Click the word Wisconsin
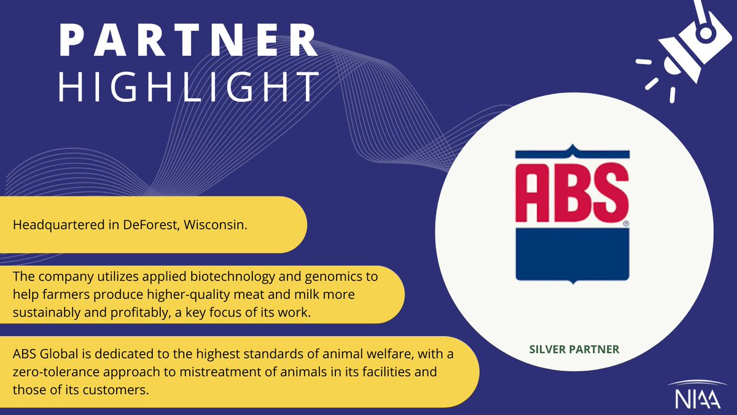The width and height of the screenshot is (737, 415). point(220,225)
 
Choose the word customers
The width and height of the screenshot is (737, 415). point(114,390)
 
